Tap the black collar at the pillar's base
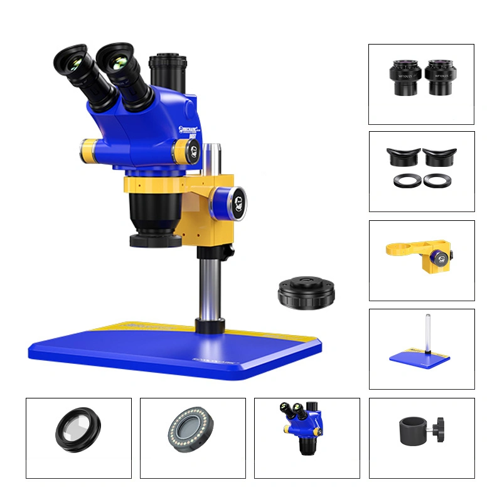[x=210, y=326]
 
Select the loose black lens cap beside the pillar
[x=306, y=292]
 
